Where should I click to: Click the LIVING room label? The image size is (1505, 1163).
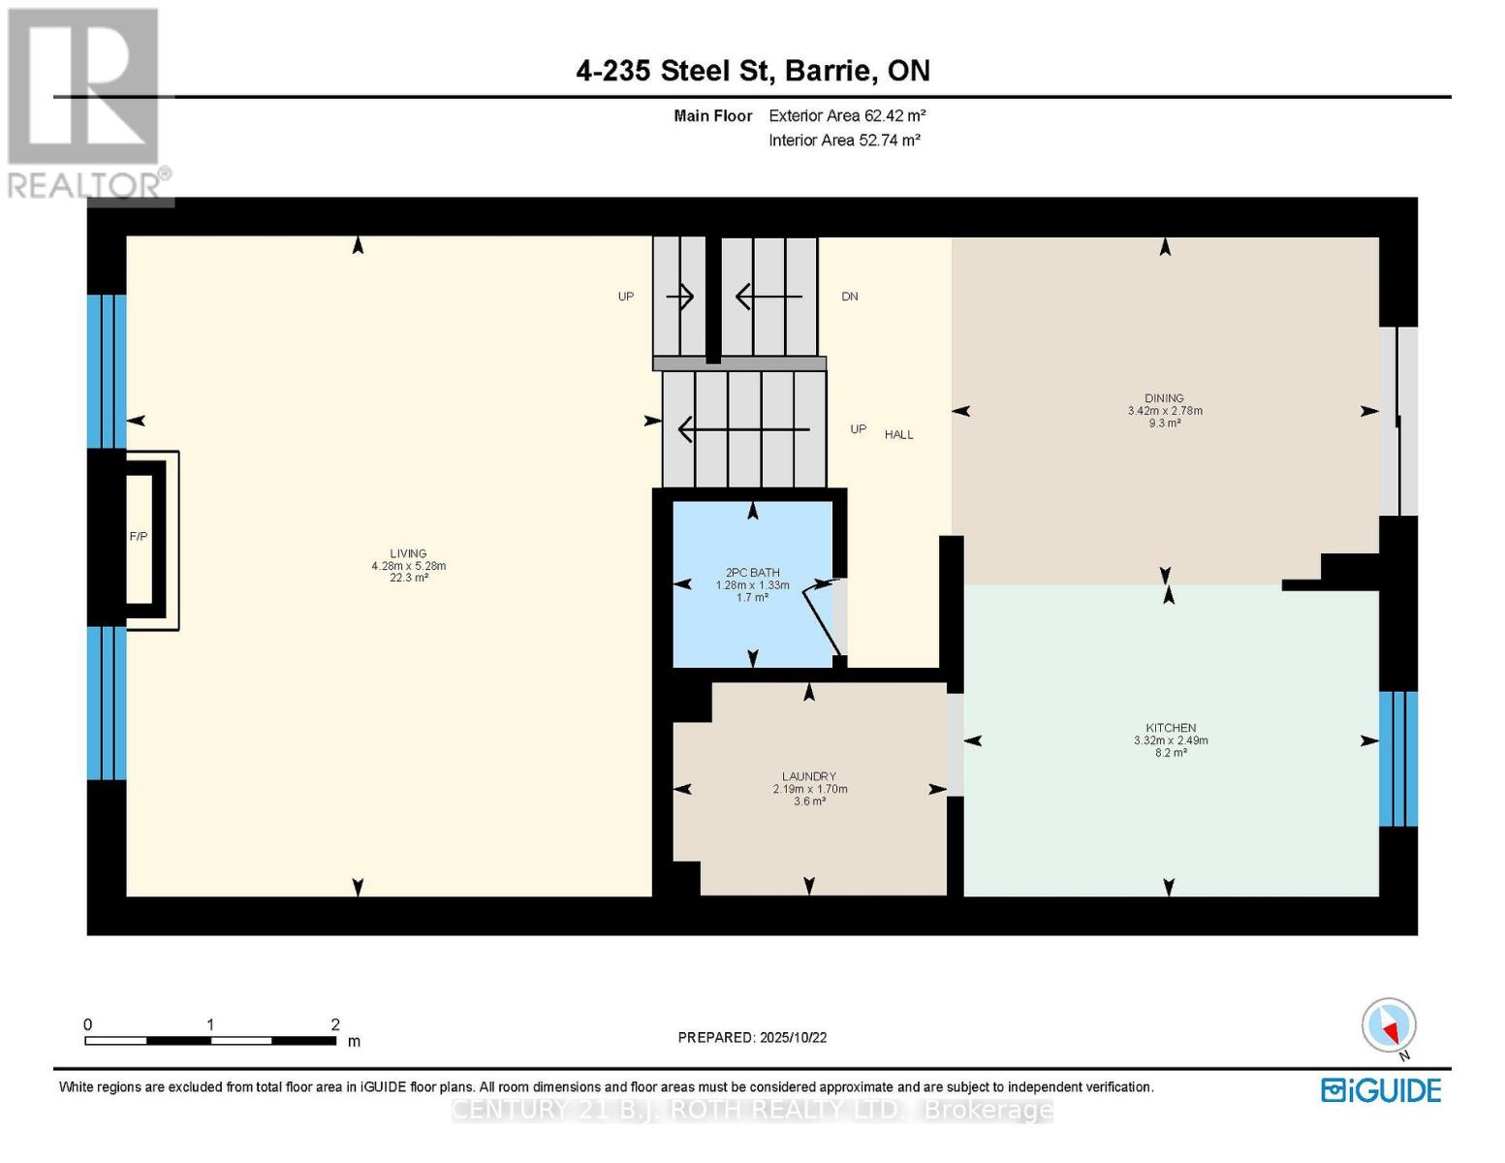point(408,553)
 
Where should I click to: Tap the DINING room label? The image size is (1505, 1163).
point(1164,397)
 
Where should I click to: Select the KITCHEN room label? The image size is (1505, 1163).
point(1171,728)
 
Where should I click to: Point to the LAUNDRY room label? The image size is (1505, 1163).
point(809,776)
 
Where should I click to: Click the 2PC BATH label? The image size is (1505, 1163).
point(753,573)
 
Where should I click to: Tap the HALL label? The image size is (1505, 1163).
point(898,435)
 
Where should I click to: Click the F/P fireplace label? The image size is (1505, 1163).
point(139,536)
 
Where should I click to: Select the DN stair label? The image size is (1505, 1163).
point(850,297)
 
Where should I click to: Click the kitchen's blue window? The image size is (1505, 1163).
point(1397,759)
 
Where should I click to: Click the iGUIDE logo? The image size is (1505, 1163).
point(1381,1090)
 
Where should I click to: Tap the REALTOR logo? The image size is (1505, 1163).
point(85,103)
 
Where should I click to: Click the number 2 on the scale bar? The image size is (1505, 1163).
point(335,1024)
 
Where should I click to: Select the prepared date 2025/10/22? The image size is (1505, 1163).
point(793,1037)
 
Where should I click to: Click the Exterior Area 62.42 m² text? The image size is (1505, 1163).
point(847,115)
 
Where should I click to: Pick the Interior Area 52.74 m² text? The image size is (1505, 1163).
point(844,140)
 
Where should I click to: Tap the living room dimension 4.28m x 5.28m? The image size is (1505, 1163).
point(408,566)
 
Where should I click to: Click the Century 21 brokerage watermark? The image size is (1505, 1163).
point(752,1110)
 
